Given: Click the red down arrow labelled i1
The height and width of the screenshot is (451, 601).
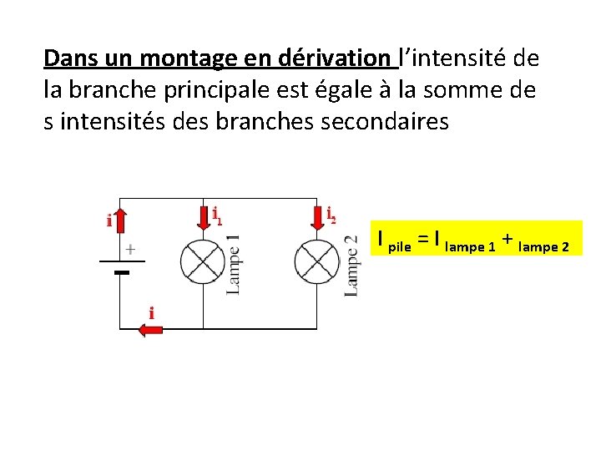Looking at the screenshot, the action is (x=204, y=217).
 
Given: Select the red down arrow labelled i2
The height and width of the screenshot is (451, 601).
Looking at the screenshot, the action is (x=316, y=217).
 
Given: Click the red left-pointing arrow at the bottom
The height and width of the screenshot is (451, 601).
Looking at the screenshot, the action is (x=150, y=330).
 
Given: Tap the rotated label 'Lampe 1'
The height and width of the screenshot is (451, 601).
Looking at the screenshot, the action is (x=234, y=264).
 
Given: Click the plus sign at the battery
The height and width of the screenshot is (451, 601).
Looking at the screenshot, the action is (x=131, y=249).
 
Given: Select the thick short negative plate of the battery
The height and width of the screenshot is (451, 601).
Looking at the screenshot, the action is (x=122, y=272).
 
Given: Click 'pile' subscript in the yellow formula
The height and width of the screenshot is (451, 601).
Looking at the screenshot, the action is (x=401, y=247).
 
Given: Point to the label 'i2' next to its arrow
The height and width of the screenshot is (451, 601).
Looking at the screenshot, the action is (x=331, y=215).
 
